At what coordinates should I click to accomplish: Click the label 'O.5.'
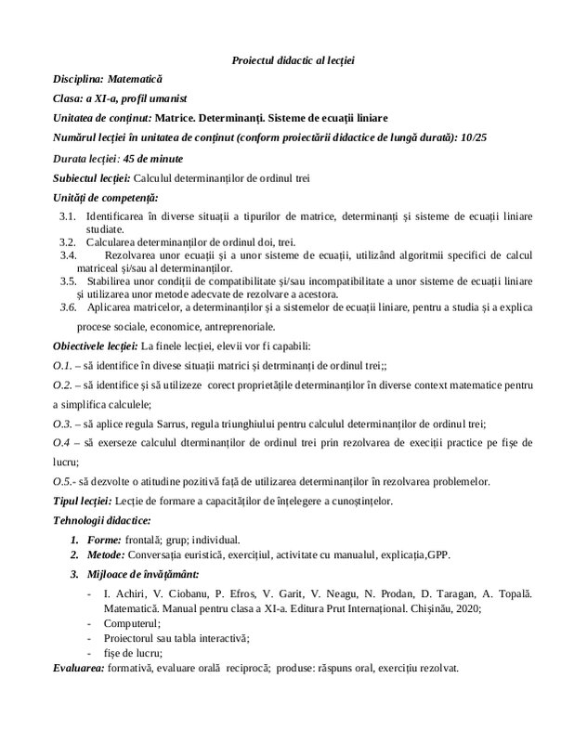pos(63,482)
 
